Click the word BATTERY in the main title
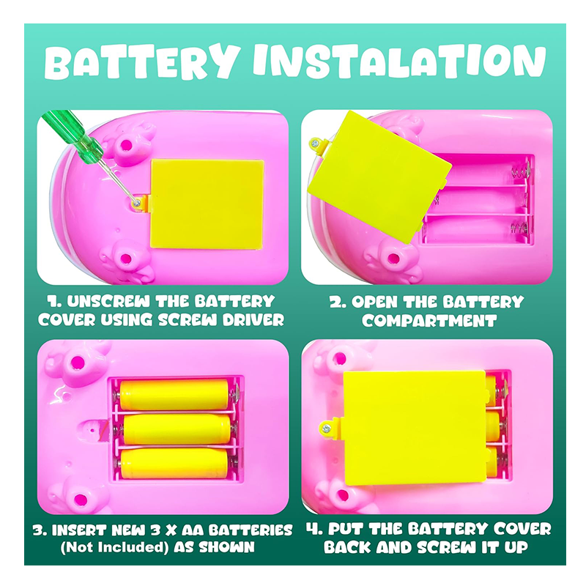142,62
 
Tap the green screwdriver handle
73,136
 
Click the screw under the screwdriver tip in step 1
137,203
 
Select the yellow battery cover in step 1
207,204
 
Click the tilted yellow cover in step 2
379,176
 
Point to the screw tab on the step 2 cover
319,144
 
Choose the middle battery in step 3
177,429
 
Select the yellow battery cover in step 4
415,428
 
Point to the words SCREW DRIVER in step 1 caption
221,320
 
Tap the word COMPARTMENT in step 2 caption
429,321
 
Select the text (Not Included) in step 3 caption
114,547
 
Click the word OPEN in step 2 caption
374,302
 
